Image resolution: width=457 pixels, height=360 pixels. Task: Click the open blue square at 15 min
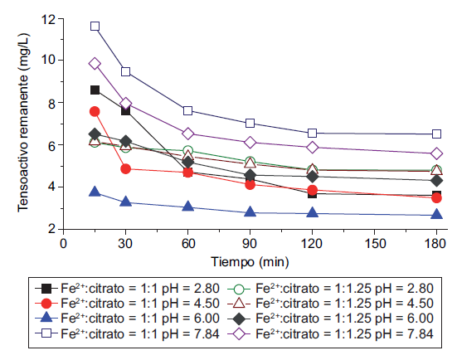click(x=95, y=27)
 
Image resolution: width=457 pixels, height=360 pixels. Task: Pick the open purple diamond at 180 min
click(x=436, y=153)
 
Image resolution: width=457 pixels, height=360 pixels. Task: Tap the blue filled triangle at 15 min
click(x=95, y=192)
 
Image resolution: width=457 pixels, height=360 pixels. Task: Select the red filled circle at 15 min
click(x=95, y=111)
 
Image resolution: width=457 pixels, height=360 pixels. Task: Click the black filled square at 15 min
click(x=95, y=90)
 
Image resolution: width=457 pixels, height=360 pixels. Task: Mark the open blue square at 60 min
click(x=188, y=110)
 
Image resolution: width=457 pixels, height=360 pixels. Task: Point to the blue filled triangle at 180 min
click(x=436, y=215)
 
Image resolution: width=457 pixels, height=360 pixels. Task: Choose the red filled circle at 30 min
click(x=126, y=168)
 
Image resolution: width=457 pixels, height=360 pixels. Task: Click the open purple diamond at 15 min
click(x=95, y=64)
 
